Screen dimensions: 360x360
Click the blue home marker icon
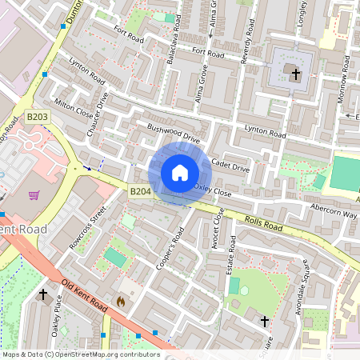click(180, 173)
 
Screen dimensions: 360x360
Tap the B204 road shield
click(140, 191)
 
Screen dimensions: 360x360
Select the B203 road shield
click(38, 117)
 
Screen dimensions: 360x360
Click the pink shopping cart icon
click(34, 194)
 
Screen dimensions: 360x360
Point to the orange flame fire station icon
click(121, 302)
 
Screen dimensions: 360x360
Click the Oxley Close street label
click(212, 190)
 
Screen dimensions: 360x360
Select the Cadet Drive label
click(231, 164)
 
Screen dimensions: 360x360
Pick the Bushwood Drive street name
click(173, 133)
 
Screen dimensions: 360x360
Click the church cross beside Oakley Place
click(43, 294)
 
